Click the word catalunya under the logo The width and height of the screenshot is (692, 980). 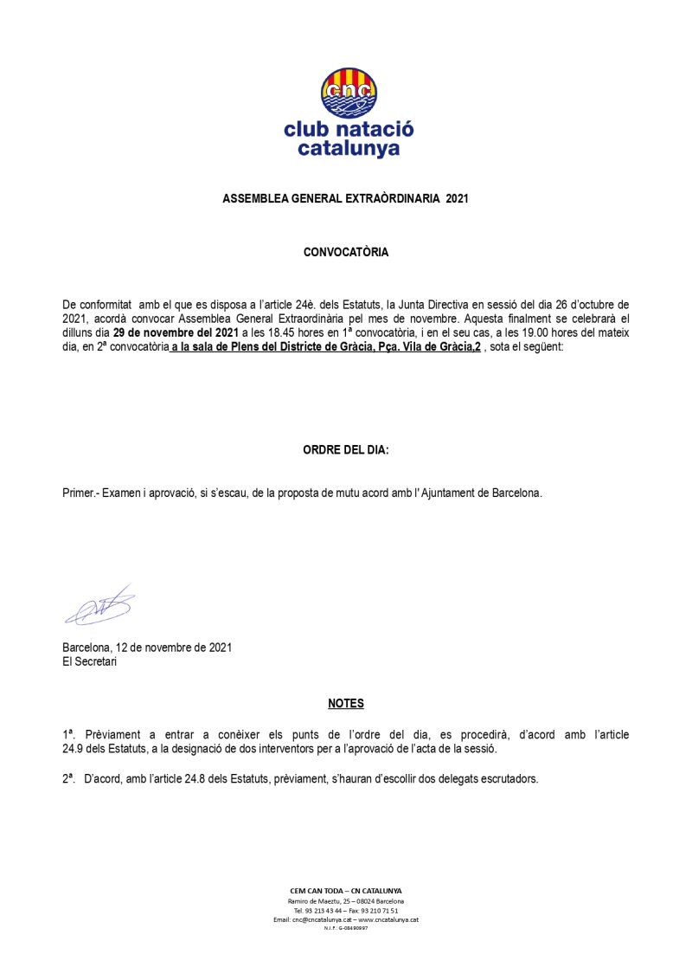pos(349,148)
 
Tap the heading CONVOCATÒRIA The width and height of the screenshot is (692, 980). pos(346,253)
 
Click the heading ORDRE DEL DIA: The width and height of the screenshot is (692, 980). pos(346,450)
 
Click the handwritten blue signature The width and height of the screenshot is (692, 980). pos(99,606)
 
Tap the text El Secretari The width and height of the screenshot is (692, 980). pos(89,662)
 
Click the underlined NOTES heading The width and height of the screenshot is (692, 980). pos(346,703)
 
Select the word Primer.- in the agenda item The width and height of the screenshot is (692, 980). pos(82,493)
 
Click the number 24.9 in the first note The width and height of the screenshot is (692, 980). pos(75,748)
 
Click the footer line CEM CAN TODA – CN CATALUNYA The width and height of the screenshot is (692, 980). pos(346,890)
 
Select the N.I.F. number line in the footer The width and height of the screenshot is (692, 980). pos(346,928)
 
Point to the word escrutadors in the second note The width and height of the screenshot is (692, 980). pos(510,778)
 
